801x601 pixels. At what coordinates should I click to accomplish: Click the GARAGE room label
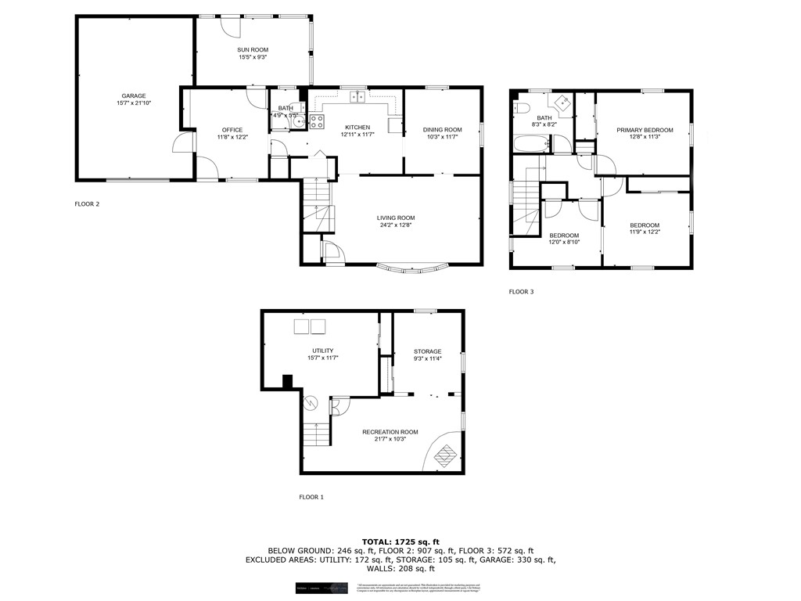pos(133,95)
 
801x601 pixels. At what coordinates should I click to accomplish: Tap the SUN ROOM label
pos(253,49)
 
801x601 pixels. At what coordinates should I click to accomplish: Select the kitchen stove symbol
pos(318,121)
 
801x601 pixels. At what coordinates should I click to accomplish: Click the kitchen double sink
pos(357,97)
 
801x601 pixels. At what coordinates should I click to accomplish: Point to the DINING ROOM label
pos(442,129)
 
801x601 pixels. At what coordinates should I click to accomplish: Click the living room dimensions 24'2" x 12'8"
pos(396,226)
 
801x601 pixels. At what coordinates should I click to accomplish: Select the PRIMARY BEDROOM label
pos(644,129)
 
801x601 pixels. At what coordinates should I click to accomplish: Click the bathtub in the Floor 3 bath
pos(532,143)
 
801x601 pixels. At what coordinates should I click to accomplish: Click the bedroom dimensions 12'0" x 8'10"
pos(563,243)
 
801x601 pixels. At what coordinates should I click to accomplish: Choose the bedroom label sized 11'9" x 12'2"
pos(645,225)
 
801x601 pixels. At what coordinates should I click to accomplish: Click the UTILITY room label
pos(323,350)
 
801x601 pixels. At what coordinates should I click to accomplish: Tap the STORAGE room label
pos(428,351)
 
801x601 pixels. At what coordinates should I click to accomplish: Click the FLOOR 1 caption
pos(311,497)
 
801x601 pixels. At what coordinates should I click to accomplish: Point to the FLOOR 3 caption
pos(521,292)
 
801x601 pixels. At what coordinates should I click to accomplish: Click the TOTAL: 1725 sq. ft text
pos(400,542)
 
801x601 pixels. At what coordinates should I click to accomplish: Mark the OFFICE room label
pos(232,130)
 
